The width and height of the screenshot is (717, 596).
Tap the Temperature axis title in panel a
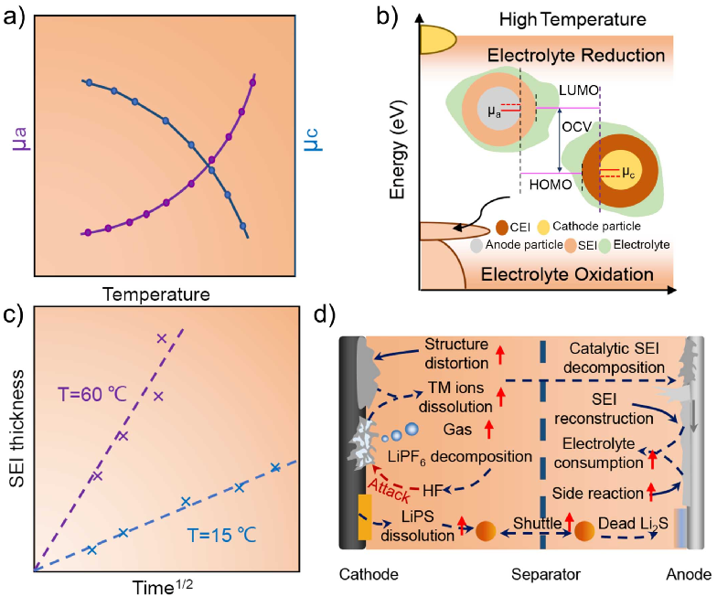157,294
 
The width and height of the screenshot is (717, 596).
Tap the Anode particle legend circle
476,245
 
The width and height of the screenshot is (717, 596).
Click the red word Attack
390,493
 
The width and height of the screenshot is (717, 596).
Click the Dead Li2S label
632,527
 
